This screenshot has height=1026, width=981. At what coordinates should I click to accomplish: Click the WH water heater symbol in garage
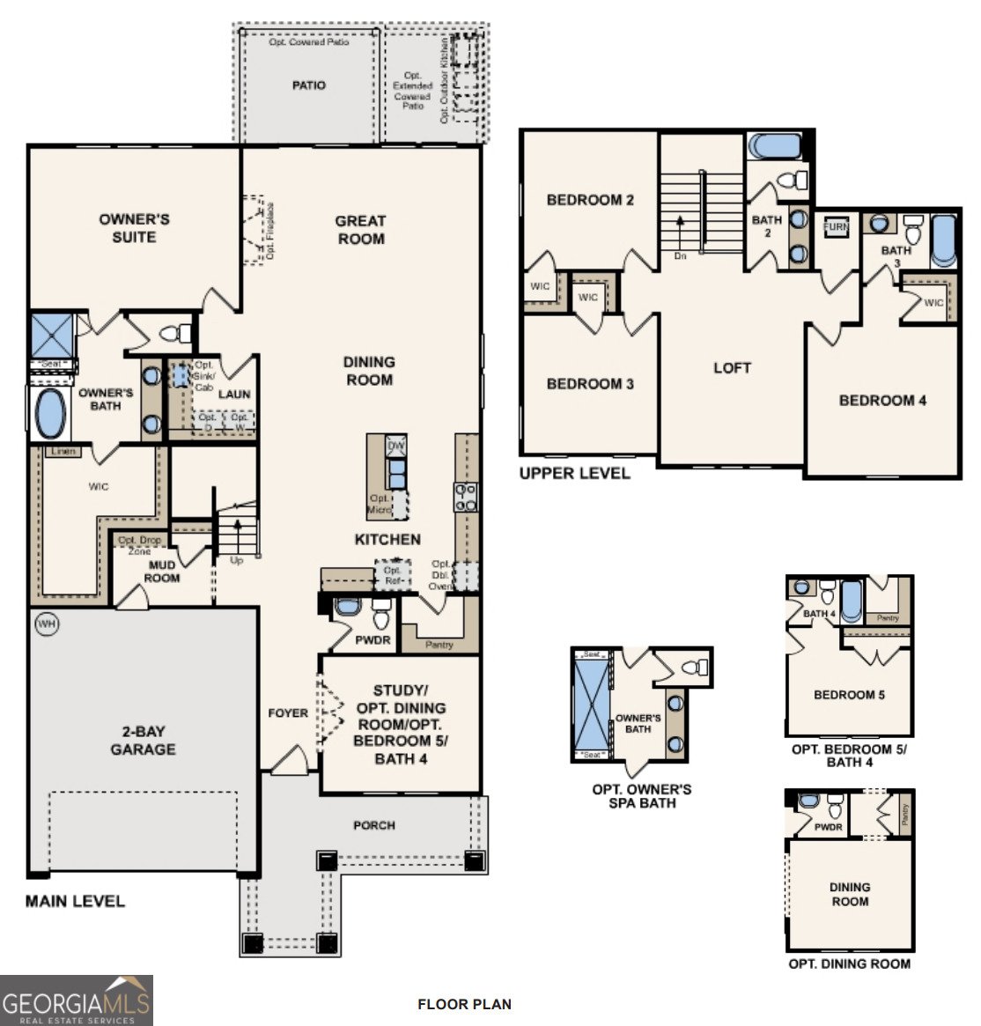[46, 624]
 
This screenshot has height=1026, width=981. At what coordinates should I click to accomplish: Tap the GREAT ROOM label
[360, 230]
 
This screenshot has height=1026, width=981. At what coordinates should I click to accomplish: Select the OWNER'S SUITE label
[134, 228]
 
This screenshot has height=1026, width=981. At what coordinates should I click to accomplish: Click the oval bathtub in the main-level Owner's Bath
[50, 414]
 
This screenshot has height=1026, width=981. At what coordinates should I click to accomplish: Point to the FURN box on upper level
[836, 226]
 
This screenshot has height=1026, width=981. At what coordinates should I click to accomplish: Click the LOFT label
[732, 367]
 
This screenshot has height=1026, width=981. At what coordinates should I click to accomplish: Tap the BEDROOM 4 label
[882, 400]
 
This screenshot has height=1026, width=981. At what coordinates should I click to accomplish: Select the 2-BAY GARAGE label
[143, 741]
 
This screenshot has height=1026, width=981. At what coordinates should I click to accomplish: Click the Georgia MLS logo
[77, 1000]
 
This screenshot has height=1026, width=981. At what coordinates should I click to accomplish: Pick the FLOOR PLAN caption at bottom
[464, 1004]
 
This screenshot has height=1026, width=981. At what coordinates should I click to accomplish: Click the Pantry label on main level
[439, 645]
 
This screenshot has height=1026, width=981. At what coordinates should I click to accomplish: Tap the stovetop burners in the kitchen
[465, 498]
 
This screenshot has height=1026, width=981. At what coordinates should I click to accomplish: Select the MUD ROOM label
[161, 572]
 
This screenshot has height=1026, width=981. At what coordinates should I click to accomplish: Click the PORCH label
[374, 825]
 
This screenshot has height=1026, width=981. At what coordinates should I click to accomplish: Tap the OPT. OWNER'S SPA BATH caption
[641, 795]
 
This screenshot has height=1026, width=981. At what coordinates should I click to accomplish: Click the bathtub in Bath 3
[942, 238]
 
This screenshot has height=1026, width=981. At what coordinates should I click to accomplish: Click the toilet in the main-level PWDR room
[380, 610]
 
